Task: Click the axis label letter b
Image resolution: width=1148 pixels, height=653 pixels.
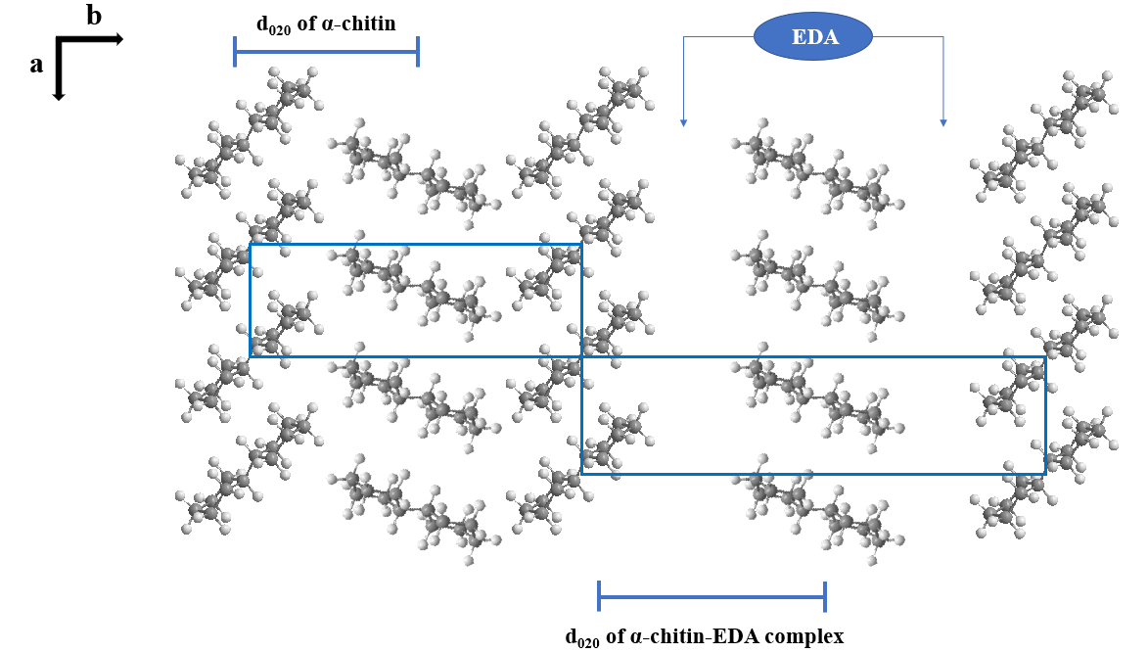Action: pyautogui.click(x=94, y=16)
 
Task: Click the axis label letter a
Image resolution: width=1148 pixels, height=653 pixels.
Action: pyautogui.click(x=37, y=65)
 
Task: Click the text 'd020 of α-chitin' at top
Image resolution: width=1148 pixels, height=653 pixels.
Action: pyautogui.click(x=326, y=23)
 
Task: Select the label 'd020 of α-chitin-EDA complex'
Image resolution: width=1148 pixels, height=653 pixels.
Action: pyautogui.click(x=704, y=636)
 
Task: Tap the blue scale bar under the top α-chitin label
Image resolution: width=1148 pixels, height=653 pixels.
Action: pyautogui.click(x=326, y=51)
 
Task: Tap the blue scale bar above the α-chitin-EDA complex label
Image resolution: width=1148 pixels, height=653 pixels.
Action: pyautogui.click(x=712, y=595)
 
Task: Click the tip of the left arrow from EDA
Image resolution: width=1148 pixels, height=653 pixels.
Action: pyautogui.click(x=683, y=124)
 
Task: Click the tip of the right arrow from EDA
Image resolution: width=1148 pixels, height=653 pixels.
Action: pyautogui.click(x=943, y=124)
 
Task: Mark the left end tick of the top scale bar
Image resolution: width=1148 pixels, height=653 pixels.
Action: pyautogui.click(x=235, y=51)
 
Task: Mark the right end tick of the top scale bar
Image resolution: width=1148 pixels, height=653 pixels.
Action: pyautogui.click(x=418, y=51)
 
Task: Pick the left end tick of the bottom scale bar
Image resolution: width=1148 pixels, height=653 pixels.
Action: pyautogui.click(x=599, y=595)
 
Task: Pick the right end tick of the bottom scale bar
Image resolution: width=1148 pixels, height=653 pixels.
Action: pyautogui.click(x=825, y=595)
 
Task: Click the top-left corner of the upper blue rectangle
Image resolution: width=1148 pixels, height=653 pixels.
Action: pyautogui.click(x=251, y=245)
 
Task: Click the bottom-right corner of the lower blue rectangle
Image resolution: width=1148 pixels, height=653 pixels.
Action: pyautogui.click(x=1045, y=474)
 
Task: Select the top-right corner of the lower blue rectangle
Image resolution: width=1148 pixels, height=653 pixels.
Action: pyautogui.click(x=1045, y=357)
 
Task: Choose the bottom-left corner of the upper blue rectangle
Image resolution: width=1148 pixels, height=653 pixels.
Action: pyautogui.click(x=251, y=356)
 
